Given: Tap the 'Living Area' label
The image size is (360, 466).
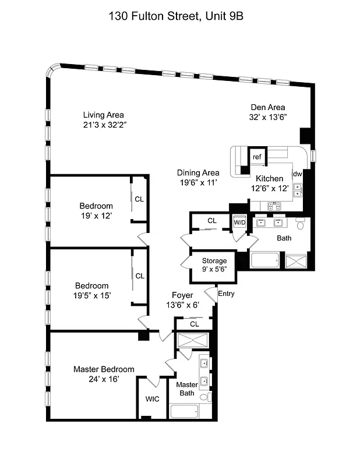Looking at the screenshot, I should pos(103,115).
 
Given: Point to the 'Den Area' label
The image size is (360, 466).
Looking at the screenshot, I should pos(268,107).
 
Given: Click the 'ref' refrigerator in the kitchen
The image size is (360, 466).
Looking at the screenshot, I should pos(256,157).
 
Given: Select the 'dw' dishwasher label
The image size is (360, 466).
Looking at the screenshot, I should pos(297,174).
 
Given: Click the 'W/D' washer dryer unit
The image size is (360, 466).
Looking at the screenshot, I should pos(239,223).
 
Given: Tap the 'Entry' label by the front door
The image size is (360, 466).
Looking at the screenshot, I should pos(226,294).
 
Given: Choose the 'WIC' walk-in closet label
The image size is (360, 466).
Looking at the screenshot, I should pos(152,400).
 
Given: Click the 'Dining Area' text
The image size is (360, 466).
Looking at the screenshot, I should pos(198,172).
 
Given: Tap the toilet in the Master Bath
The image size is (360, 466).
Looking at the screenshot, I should pos(204,397).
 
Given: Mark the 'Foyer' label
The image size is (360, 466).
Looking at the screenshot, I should pos(182,295).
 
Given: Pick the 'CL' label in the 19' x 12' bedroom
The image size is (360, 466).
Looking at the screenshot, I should pos(139,199).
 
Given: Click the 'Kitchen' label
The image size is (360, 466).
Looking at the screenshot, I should pos(270,178).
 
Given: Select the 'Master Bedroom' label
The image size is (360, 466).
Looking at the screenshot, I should pos(104,369).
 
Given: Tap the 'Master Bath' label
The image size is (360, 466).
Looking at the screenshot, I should pos(187,389).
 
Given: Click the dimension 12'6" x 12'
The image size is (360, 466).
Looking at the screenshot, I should pos(270,188).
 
